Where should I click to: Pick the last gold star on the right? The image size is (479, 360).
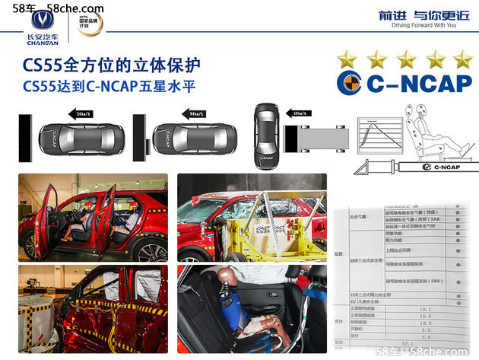[x=461, y=59]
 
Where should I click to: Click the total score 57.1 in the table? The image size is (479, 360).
[x=417, y=350]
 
